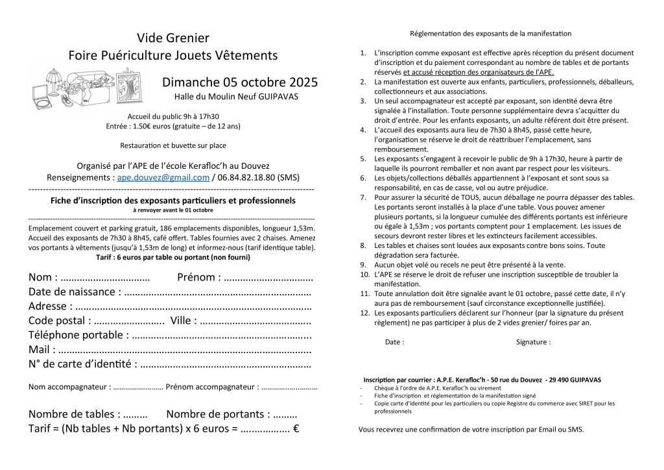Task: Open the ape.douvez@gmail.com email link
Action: coord(163,177)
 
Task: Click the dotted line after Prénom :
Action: coord(268,278)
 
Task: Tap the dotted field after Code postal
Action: coord(129,321)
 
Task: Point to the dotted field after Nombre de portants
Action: coord(285,414)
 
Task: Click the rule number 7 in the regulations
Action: coord(364,197)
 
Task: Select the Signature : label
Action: coord(533,341)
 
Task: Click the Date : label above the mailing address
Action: coord(394,341)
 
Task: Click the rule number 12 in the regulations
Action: coord(365,313)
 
